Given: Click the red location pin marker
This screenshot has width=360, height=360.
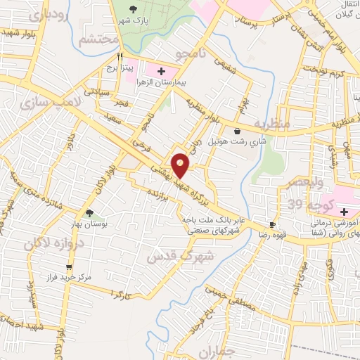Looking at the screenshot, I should point(181,165).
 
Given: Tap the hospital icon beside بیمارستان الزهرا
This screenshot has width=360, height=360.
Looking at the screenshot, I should point(161,71).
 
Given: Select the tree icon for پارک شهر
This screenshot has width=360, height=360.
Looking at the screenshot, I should point(134,9).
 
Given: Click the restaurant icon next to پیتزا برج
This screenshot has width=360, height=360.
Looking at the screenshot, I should point(120,57).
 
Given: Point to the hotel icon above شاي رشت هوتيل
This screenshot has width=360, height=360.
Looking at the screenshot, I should point(236,131).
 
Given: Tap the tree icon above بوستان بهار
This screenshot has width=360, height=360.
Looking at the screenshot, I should point(89,213).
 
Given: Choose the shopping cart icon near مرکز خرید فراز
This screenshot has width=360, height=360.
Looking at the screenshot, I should point(68,267).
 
